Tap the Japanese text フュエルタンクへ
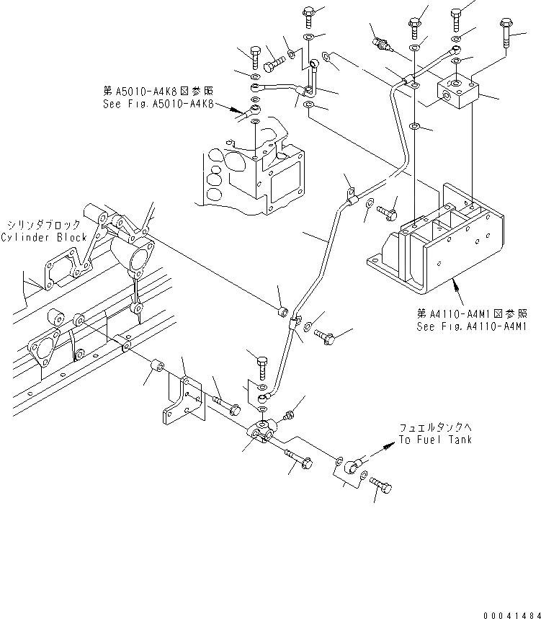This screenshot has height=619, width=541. (x=436, y=428)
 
